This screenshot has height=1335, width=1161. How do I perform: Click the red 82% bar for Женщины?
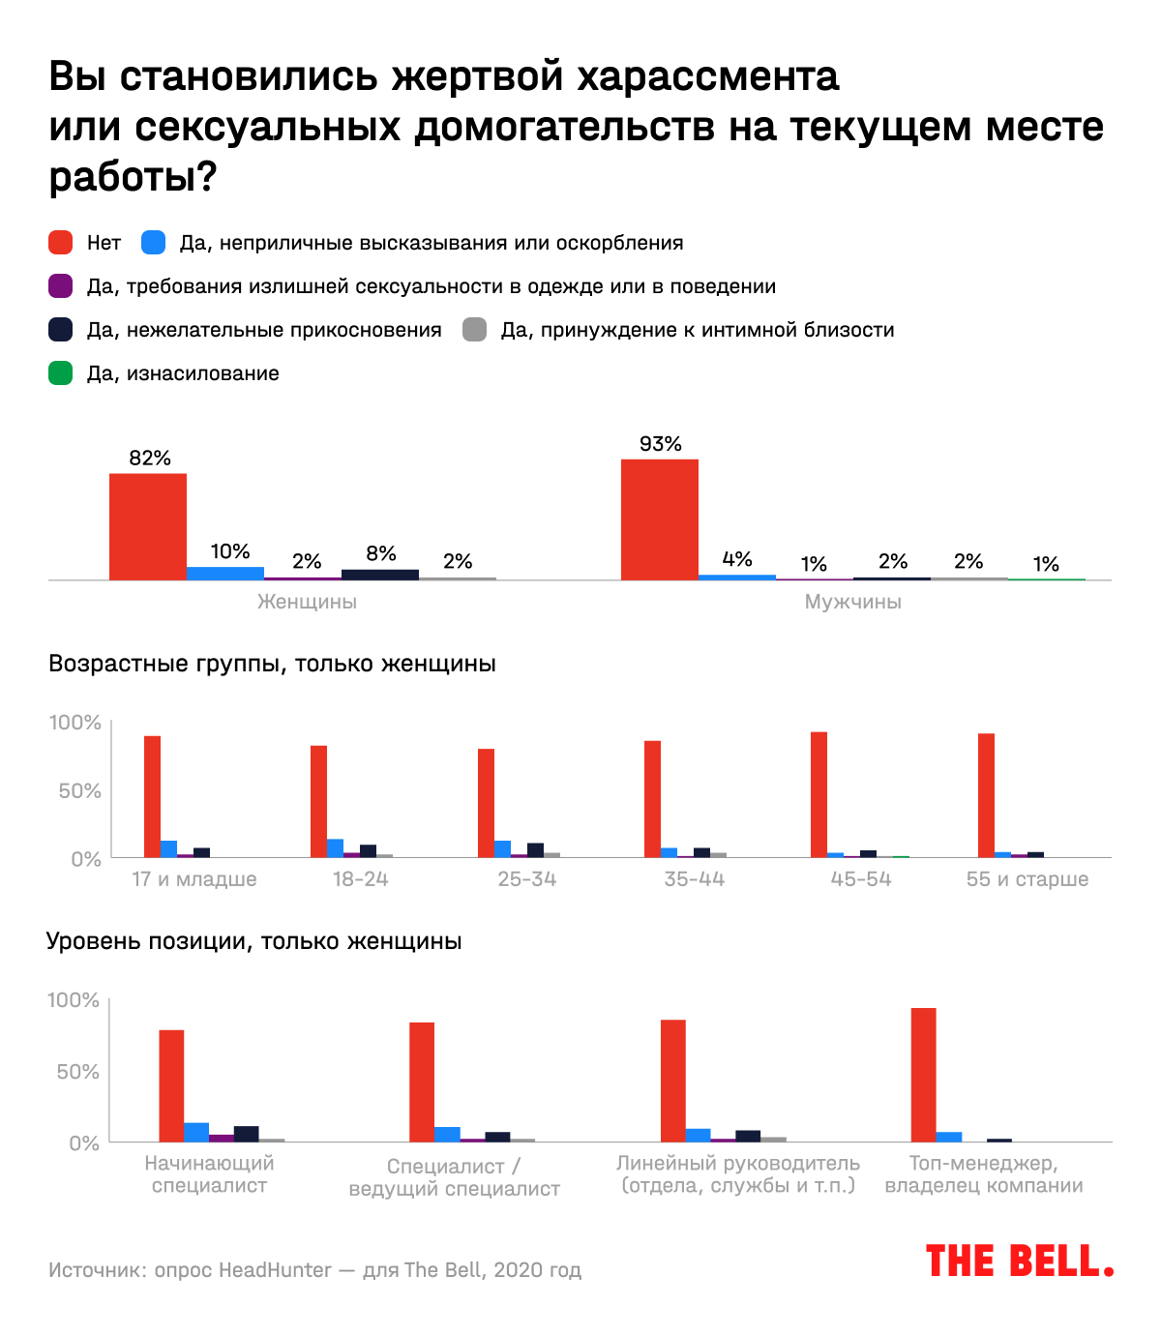[147, 526]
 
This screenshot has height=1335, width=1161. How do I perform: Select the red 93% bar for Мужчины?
[659, 519]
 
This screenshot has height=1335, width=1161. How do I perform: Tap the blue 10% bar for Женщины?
[224, 573]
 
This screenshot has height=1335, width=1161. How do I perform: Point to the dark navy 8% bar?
[379, 574]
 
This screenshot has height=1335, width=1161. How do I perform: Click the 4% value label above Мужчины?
[737, 559]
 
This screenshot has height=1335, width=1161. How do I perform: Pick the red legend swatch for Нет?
[61, 243]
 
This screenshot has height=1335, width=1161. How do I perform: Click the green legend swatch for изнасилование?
[61, 373]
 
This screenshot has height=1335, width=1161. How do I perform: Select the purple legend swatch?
[61, 286]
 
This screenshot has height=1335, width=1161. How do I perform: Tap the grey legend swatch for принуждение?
[474, 330]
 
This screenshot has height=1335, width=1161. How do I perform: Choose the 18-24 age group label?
[360, 879]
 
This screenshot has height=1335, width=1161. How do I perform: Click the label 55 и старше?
[1027, 879]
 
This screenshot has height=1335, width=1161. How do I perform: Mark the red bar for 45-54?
[819, 794]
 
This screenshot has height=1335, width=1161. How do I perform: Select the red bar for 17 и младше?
[152, 796]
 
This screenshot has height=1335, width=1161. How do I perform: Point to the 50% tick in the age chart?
[79, 791]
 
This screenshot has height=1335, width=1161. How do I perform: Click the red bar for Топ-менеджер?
[923, 1075]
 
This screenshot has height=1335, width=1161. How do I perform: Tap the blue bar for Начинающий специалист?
[196, 1132]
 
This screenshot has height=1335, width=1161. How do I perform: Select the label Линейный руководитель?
[737, 1163]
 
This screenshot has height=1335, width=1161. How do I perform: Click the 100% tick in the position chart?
[74, 1000]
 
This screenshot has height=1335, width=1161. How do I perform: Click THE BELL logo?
[1019, 1261]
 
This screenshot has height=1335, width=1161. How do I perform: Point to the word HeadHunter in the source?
[275, 1270]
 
